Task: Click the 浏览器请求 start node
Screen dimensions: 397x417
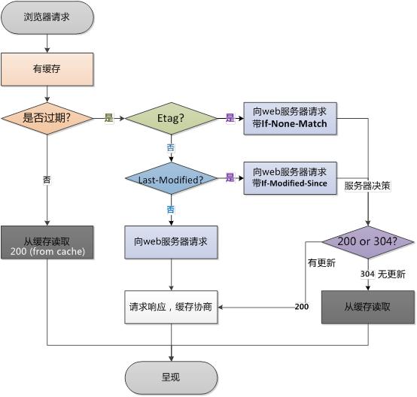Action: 47,17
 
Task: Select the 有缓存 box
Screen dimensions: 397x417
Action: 47,68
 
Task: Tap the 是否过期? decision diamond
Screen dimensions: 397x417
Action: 47,118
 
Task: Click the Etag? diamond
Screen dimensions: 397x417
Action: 171,119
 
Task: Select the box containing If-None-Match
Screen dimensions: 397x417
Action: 290,118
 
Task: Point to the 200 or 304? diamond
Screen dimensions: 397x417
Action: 368,242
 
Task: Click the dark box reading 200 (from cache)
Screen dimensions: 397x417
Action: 47,242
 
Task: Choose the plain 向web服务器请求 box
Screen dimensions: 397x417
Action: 171,242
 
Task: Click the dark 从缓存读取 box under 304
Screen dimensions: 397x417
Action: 368,307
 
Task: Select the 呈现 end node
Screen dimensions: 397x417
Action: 171,377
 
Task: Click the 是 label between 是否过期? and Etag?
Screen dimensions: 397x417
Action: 108,118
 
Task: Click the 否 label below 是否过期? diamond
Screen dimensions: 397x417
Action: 47,179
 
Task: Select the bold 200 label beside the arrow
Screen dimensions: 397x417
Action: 302,307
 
